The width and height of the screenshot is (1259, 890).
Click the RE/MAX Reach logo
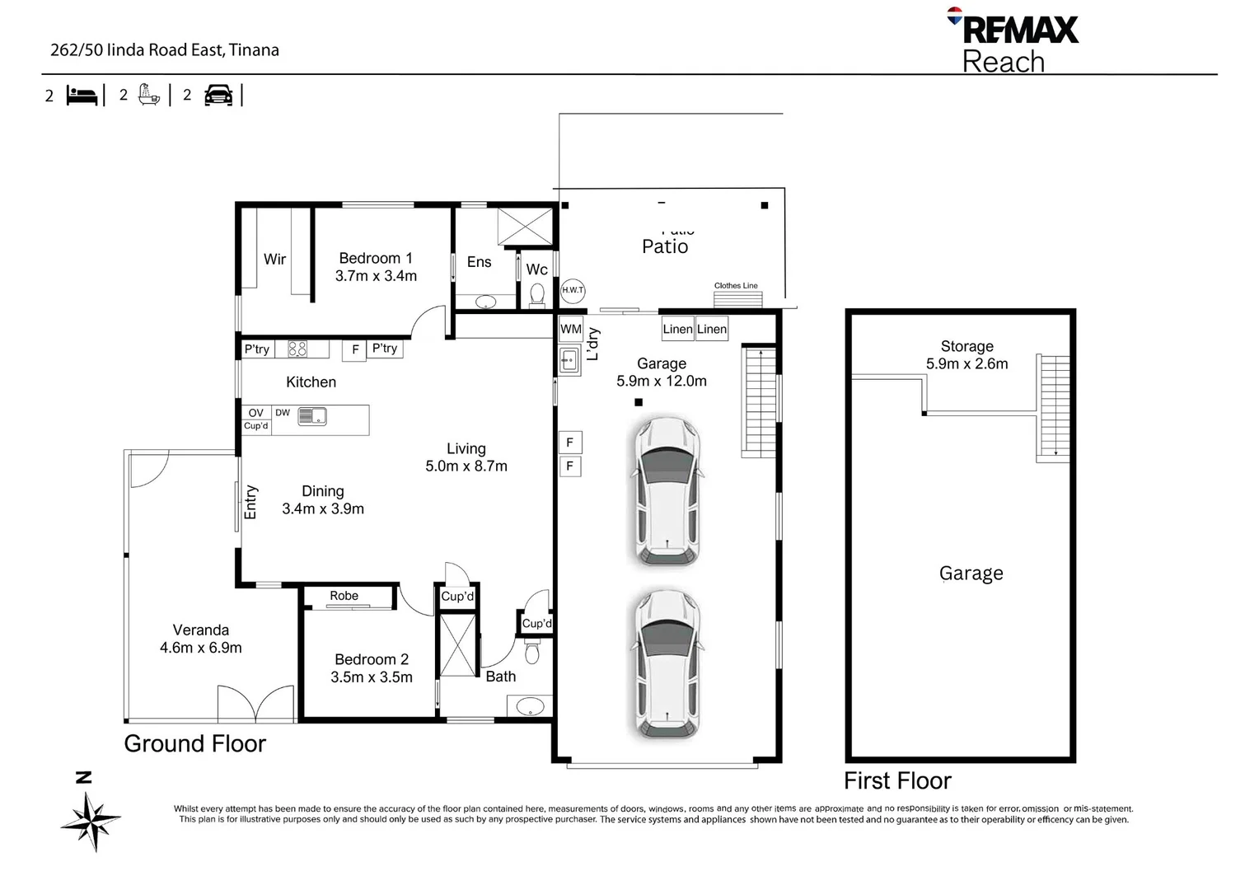1013,41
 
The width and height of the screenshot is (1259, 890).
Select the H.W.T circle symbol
573,290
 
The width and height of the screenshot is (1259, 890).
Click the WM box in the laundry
571,329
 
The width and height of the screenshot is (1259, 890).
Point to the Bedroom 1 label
376,258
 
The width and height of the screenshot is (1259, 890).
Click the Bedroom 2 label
372,659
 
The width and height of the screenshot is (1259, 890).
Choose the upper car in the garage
667,492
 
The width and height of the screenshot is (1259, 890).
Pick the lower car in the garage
667,663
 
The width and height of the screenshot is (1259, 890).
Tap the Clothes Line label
736,286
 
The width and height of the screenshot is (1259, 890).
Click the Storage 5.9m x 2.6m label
966,355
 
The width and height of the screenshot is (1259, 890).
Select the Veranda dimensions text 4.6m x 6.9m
201,648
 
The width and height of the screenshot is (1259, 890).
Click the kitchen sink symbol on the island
312,416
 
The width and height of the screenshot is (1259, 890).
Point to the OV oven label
256,413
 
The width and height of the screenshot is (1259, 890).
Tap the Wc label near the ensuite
537,269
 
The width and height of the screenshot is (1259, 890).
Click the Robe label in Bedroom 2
344,596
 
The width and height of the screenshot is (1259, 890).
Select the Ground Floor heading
195,743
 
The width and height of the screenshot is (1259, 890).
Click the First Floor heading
897,780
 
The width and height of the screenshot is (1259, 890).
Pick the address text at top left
165,50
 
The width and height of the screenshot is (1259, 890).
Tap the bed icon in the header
82,96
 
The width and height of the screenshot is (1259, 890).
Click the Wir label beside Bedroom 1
274,260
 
